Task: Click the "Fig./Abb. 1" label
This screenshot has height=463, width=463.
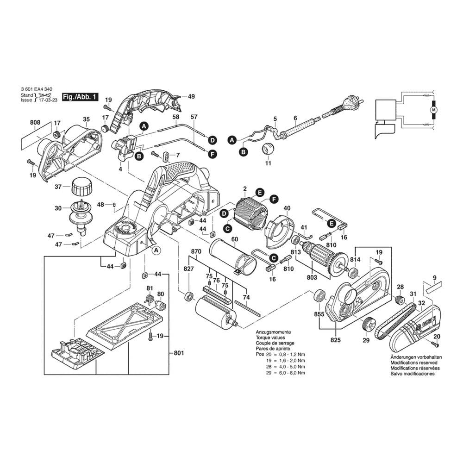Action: (80, 97)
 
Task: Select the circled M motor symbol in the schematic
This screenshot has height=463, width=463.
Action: (434, 110)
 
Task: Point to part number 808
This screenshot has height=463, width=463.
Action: (35, 123)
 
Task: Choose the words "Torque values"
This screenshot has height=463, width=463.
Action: (271, 338)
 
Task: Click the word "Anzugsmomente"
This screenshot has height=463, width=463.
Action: (273, 332)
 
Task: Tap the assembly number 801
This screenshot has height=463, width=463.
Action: (179, 353)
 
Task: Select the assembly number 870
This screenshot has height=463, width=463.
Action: (196, 251)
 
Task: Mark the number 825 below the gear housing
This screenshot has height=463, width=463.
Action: (336, 340)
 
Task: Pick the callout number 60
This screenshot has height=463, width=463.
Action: (235, 239)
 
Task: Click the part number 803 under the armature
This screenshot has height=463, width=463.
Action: (312, 277)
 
